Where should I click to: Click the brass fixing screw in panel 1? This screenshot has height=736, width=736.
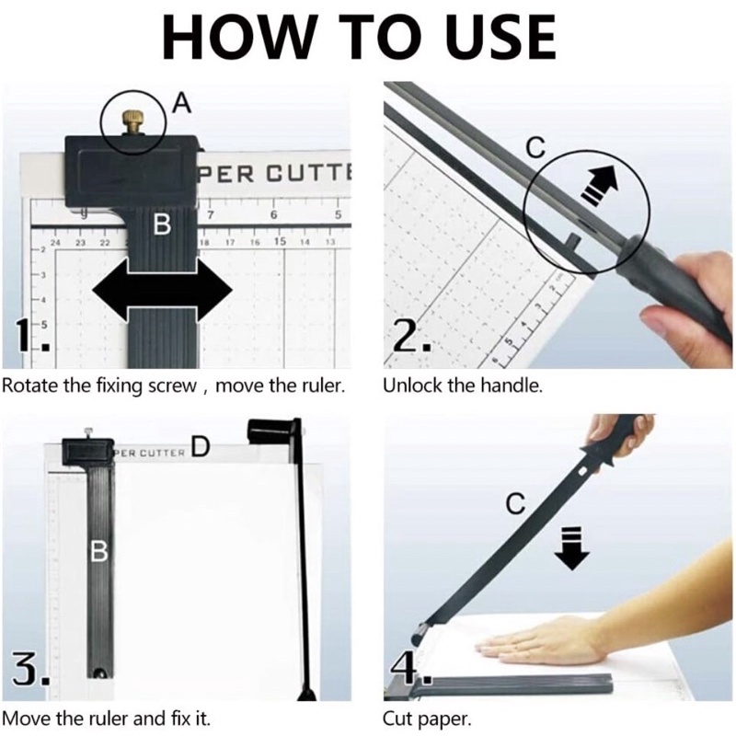tap(134, 123)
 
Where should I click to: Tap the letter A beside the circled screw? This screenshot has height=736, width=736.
tap(181, 103)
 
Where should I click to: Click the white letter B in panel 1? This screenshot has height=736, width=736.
tap(162, 224)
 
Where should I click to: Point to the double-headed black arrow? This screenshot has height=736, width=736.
tap(163, 290)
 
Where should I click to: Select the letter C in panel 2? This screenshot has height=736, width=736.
tap(535, 147)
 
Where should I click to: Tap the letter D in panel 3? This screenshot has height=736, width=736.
tap(201, 446)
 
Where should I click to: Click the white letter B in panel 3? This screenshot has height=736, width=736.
tap(99, 551)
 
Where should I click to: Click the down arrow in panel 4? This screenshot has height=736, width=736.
tap(571, 548)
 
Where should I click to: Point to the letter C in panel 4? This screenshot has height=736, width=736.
tap(515, 504)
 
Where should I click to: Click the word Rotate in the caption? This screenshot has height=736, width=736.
tap(30, 385)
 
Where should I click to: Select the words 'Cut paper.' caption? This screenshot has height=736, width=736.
tap(427, 719)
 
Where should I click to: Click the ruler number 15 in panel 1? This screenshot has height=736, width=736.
tap(280, 241)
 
